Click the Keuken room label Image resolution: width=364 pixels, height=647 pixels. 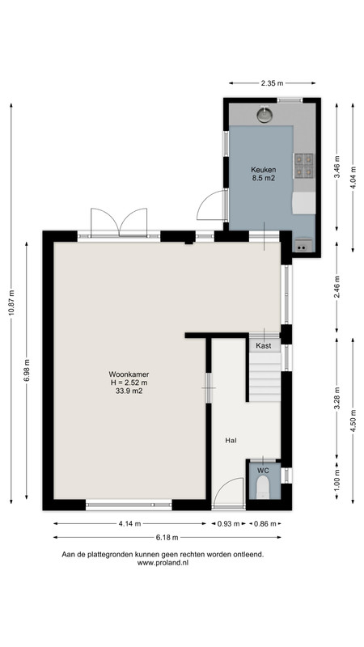(264, 170)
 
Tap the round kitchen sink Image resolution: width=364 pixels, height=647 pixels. (265, 115)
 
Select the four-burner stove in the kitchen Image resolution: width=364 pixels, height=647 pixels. (303, 166)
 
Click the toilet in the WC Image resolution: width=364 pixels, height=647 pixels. (262, 487)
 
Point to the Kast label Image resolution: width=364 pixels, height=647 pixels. (264, 346)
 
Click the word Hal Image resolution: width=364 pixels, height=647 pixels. (231, 440)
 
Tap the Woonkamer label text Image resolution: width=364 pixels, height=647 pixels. (129, 374)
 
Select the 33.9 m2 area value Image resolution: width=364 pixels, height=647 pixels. (129, 391)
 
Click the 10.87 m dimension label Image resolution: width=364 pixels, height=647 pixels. (11, 303)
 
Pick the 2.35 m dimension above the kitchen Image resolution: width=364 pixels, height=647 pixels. (272, 83)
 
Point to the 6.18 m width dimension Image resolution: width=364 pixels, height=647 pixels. (167, 537)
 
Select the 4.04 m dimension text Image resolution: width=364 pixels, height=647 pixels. (353, 177)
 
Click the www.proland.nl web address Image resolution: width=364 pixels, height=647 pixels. (163, 563)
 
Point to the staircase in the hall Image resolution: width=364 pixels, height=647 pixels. (265, 377)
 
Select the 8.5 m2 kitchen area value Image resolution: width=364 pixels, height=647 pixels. (264, 178)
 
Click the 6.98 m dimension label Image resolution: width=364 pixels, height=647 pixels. (27, 371)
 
